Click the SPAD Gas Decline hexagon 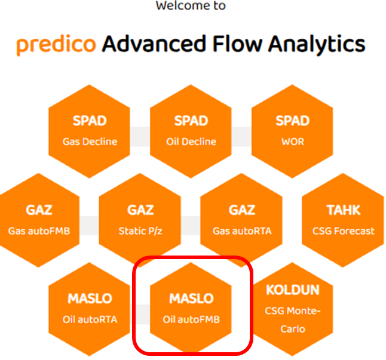click(x=90, y=131)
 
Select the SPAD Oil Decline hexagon click(x=191, y=131)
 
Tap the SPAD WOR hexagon click(x=292, y=131)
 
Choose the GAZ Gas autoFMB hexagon click(x=39, y=220)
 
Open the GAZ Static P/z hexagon click(x=140, y=220)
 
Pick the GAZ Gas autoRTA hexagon click(x=241, y=220)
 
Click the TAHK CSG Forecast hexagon click(x=344, y=220)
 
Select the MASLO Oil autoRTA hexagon click(x=90, y=308)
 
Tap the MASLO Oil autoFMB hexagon click(x=191, y=308)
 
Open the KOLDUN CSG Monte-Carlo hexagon click(x=292, y=308)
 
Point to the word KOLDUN click(x=292, y=290)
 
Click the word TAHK click(x=344, y=210)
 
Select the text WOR click(x=292, y=142)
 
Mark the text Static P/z click(x=140, y=231)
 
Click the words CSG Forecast click(x=344, y=231)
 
